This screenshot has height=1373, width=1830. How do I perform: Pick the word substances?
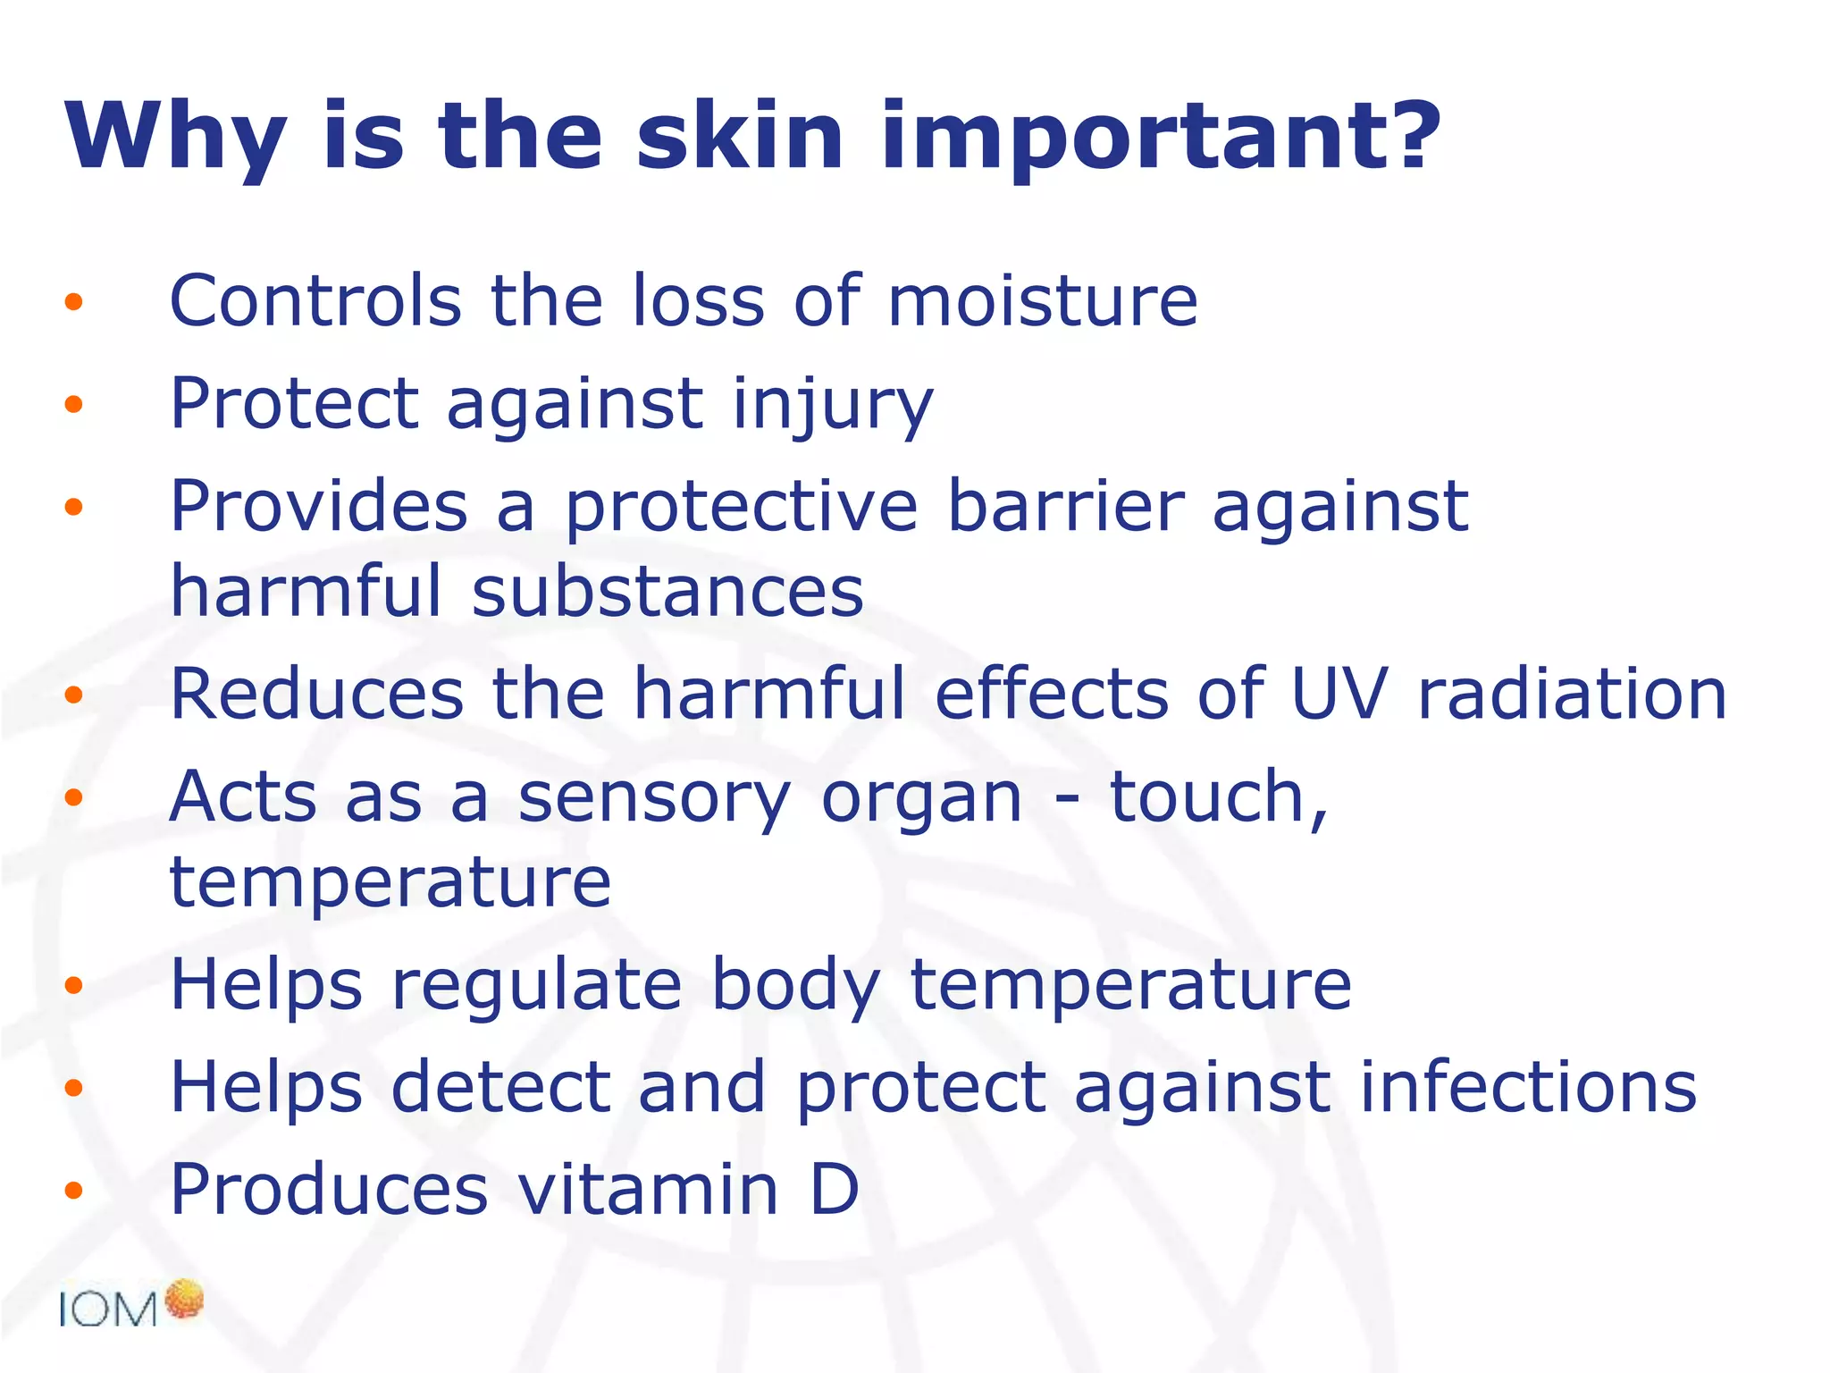click(667, 592)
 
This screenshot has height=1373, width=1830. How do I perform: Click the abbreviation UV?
click(1339, 695)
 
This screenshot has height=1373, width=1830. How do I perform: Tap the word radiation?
click(1573, 695)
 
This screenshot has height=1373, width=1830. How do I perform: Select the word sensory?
click(654, 797)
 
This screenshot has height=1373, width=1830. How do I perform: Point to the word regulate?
click(537, 986)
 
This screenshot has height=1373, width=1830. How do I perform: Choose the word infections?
click(1528, 1088)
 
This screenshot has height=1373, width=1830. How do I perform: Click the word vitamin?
click(649, 1190)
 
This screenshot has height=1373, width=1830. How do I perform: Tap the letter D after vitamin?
click(835, 1190)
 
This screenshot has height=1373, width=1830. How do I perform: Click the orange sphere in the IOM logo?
click(185, 1299)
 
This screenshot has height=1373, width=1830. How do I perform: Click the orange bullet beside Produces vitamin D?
click(73, 1191)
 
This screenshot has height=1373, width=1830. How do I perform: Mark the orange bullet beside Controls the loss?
click(73, 302)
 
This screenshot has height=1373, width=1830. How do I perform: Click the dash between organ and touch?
click(1066, 798)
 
